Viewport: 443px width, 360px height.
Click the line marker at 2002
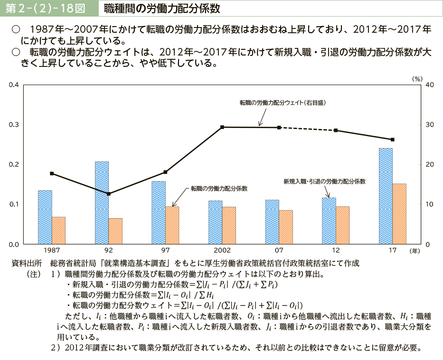[x=222, y=127]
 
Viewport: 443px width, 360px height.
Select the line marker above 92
[x=109, y=194]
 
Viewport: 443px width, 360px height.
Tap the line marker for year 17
[x=393, y=139]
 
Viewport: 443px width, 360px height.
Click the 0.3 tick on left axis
[x=13, y=125]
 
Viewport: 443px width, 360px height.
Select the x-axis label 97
[x=165, y=250]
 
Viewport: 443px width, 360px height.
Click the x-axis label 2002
[x=222, y=250]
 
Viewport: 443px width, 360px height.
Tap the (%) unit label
[x=416, y=79]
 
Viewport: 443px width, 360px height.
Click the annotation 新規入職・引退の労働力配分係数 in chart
[x=324, y=181]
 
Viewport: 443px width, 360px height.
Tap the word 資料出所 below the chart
[x=27, y=263]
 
